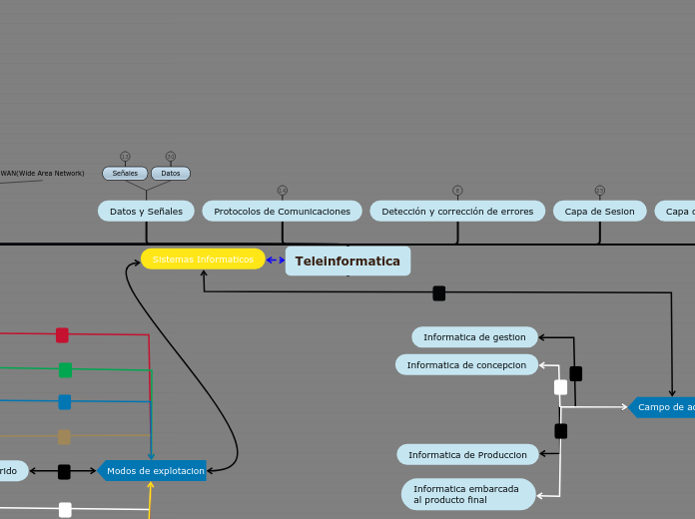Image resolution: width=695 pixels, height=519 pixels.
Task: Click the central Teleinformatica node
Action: click(x=347, y=261)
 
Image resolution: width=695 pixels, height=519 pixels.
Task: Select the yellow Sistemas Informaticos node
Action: click(x=203, y=259)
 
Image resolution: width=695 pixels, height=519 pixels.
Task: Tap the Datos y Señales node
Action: click(x=146, y=212)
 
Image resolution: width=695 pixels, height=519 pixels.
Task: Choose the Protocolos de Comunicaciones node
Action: click(x=282, y=212)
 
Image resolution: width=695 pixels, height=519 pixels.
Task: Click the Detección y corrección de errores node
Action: click(x=457, y=212)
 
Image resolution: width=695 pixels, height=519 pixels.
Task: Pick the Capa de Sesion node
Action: click(x=599, y=212)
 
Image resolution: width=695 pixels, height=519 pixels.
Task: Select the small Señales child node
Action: click(x=125, y=174)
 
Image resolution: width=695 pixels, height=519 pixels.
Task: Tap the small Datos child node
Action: click(x=171, y=174)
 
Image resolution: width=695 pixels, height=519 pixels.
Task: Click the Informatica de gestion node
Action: click(x=474, y=337)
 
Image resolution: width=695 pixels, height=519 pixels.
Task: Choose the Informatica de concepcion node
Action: click(x=466, y=365)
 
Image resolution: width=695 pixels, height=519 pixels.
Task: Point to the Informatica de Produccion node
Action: click(x=467, y=455)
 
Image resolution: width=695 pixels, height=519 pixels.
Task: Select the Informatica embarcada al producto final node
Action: click(x=467, y=494)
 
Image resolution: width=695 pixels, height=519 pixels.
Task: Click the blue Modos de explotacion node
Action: click(x=154, y=471)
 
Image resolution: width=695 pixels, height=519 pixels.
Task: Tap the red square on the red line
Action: click(x=62, y=335)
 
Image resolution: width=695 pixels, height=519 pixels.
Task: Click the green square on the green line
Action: click(x=65, y=370)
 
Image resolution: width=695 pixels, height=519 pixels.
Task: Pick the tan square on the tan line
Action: click(x=64, y=437)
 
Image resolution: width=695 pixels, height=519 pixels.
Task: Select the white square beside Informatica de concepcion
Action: click(x=560, y=387)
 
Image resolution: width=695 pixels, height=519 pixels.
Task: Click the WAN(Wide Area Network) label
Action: click(x=42, y=174)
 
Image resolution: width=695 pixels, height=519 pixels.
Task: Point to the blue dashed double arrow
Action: click(x=276, y=260)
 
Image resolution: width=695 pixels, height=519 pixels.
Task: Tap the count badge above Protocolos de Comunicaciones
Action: click(x=282, y=191)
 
